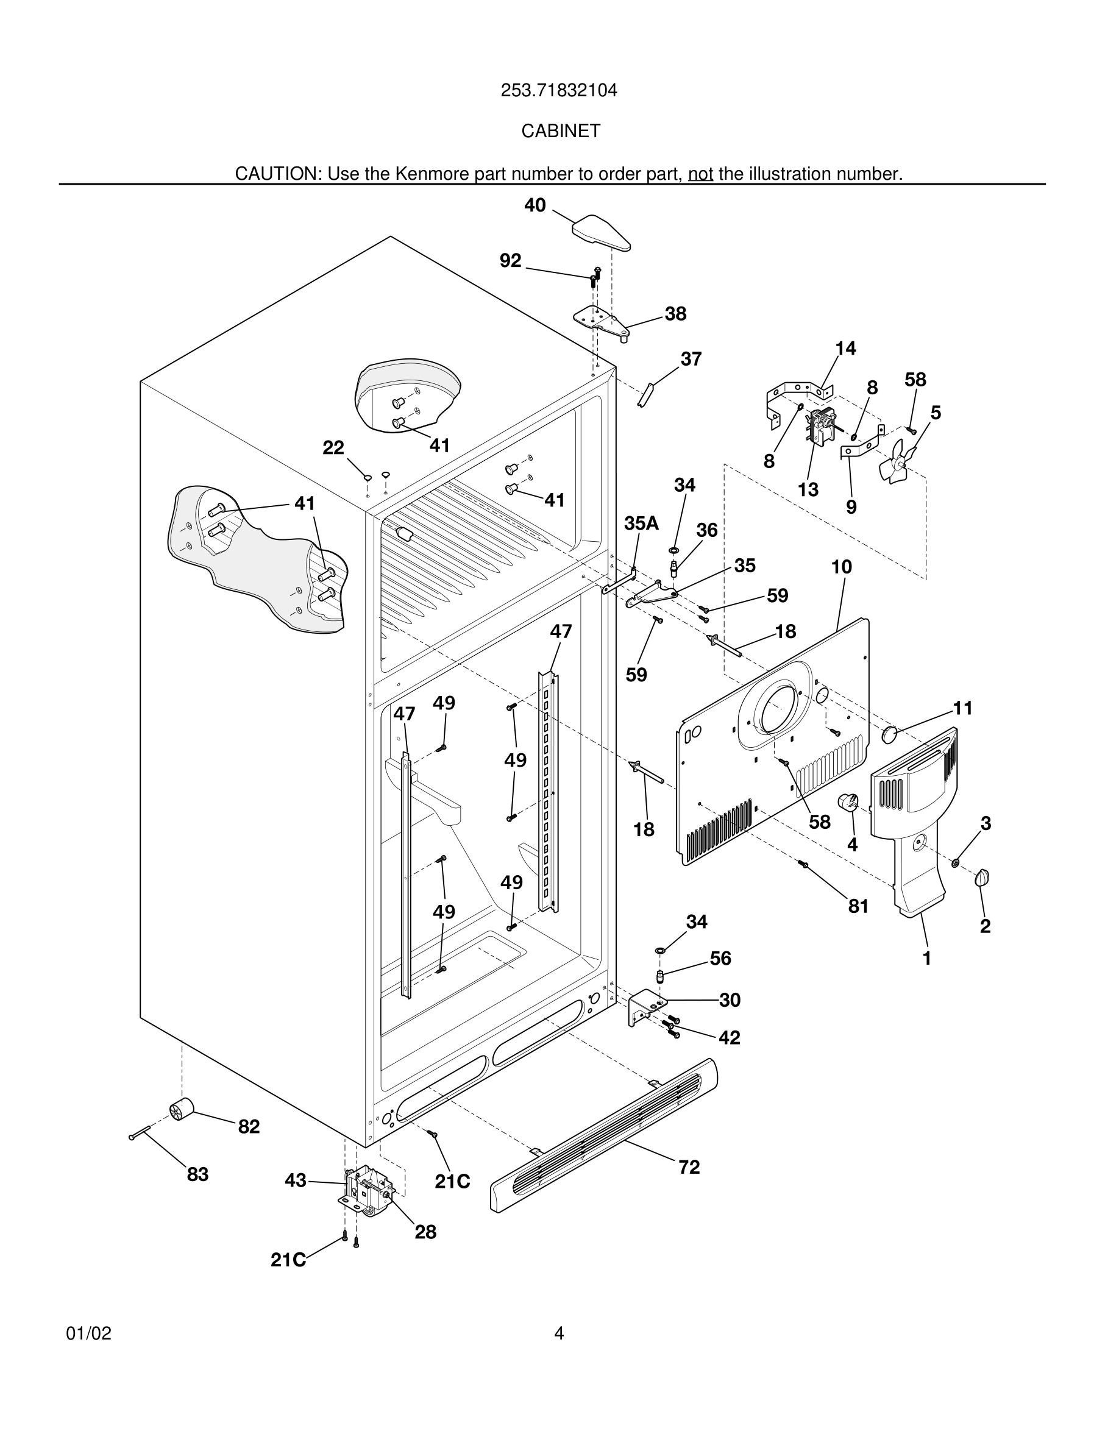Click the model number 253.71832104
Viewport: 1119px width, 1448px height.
[559, 90]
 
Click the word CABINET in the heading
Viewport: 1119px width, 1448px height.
[560, 131]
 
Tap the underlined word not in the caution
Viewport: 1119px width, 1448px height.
[700, 174]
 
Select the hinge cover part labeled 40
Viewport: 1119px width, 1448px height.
[600, 234]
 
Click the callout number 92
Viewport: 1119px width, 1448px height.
[511, 261]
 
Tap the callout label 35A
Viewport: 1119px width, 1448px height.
[641, 523]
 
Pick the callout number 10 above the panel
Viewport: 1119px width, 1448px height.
[841, 567]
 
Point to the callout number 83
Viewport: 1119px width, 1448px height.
[197, 1175]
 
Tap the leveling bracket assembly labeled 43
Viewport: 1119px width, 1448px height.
[366, 1193]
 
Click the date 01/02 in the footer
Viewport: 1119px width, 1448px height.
[89, 1334]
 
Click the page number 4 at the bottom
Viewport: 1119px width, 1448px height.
[559, 1334]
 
